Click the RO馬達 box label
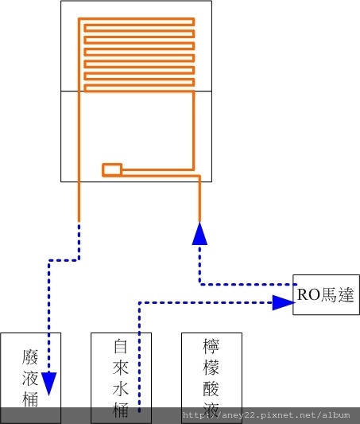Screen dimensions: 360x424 pyautogui.click(x=325, y=294)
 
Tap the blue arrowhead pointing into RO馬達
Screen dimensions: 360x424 pyautogui.click(x=284, y=302)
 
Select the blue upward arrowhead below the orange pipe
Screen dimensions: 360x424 pyautogui.click(x=199, y=234)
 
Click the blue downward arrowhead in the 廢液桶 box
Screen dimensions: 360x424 pyautogui.click(x=49, y=383)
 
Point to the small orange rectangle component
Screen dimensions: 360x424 pyautogui.click(x=112, y=169)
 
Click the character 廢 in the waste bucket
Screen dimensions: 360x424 pyautogui.click(x=30, y=356)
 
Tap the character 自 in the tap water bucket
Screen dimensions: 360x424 pyautogui.click(x=121, y=346)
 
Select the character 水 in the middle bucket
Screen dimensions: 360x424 pyautogui.click(x=121, y=388)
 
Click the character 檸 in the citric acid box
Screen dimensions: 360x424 pyautogui.click(x=211, y=346)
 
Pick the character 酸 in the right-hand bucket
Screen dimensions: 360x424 pyautogui.click(x=211, y=388)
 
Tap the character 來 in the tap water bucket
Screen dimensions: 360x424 pyautogui.click(x=121, y=368)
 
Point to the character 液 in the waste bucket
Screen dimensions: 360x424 pyautogui.click(x=30, y=378)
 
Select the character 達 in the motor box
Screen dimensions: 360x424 pyautogui.click(x=346, y=294)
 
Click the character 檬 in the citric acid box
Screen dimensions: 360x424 pyautogui.click(x=211, y=368)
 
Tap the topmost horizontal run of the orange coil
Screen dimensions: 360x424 pyautogui.click(x=137, y=18)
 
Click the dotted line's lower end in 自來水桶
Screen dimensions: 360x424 pyautogui.click(x=139, y=411)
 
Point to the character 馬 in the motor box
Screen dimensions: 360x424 pyautogui.click(x=329, y=294)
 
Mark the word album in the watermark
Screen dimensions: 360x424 pyautogui.click(x=335, y=414)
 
